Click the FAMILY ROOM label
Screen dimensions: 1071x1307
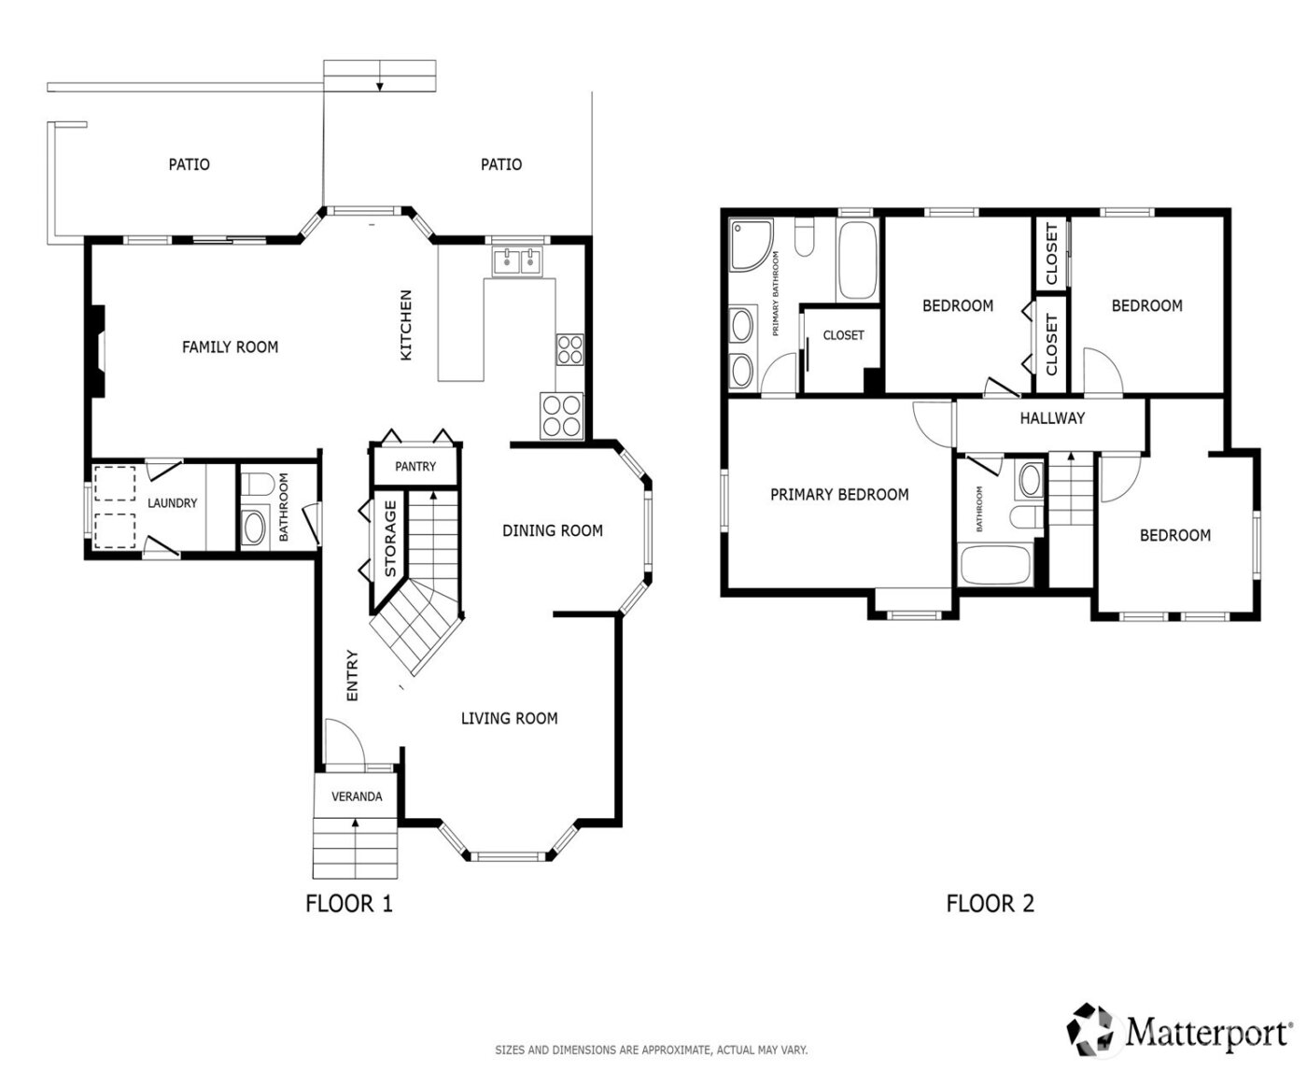(x=230, y=347)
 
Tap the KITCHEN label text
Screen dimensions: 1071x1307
(x=406, y=325)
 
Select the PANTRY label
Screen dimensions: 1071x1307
(x=415, y=466)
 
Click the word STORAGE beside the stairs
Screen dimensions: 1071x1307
(x=391, y=539)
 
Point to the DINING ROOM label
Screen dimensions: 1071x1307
(x=553, y=530)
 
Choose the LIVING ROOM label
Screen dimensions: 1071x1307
(x=510, y=718)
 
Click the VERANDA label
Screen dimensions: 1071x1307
(x=357, y=796)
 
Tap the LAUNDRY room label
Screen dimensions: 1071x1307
(x=173, y=503)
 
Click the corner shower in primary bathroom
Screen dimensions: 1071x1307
(x=751, y=242)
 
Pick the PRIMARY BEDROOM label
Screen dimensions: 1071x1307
(x=839, y=495)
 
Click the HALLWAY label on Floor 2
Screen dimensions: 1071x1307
(x=1052, y=418)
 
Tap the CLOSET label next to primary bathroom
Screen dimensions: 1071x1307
(x=843, y=335)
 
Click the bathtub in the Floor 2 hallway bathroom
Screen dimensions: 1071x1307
(x=994, y=566)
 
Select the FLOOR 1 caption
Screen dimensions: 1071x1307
(x=349, y=903)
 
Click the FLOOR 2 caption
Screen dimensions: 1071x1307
(x=990, y=903)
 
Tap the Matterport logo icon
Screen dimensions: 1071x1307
(x=1092, y=1027)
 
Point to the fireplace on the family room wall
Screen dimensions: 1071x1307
(x=97, y=353)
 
